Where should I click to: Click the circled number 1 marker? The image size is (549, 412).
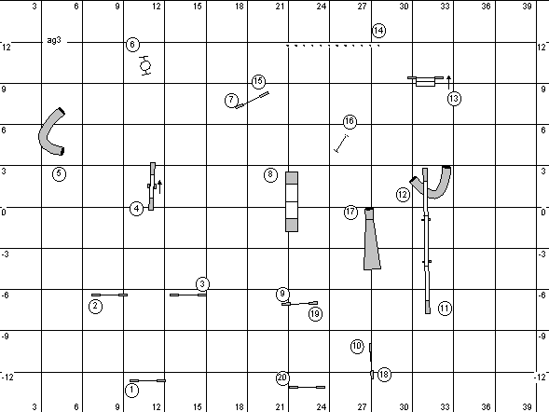131,390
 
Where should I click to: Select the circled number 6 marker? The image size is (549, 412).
132,45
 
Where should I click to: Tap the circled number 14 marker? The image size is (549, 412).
378,31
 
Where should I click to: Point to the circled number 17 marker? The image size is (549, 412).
350,213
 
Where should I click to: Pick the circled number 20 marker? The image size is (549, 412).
282,378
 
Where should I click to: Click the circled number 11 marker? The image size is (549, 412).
445,309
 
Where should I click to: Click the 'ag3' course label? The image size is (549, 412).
54,40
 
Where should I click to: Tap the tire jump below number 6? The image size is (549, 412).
145,65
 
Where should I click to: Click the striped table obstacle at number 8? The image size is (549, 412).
292,201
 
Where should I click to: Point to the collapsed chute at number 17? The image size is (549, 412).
372,239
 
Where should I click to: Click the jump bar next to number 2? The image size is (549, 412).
109,295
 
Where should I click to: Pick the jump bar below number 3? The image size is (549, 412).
188,295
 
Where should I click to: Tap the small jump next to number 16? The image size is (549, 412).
341,144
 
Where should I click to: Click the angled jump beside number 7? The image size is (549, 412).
252,100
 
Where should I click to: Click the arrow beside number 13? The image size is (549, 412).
449,82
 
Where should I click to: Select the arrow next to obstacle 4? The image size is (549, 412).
159,187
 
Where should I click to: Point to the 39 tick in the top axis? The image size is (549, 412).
527,6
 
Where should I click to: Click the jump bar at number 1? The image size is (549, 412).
148,380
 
